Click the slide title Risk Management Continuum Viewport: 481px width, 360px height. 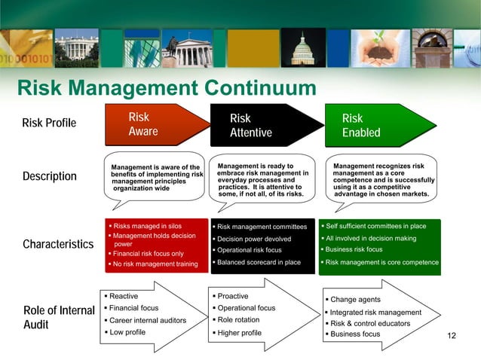[x=167, y=88]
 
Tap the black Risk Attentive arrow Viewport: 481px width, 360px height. [x=264, y=125]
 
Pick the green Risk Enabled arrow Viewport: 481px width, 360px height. [x=377, y=125]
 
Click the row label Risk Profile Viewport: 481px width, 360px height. [x=49, y=123]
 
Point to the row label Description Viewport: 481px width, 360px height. [x=50, y=176]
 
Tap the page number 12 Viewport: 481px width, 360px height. [x=452, y=335]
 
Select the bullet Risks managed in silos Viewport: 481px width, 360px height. [x=148, y=225]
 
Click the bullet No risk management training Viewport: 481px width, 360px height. [x=155, y=264]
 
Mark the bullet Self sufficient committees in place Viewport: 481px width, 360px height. [x=375, y=225]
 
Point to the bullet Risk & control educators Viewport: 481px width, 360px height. [x=366, y=323]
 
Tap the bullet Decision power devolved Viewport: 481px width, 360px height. [x=253, y=239]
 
